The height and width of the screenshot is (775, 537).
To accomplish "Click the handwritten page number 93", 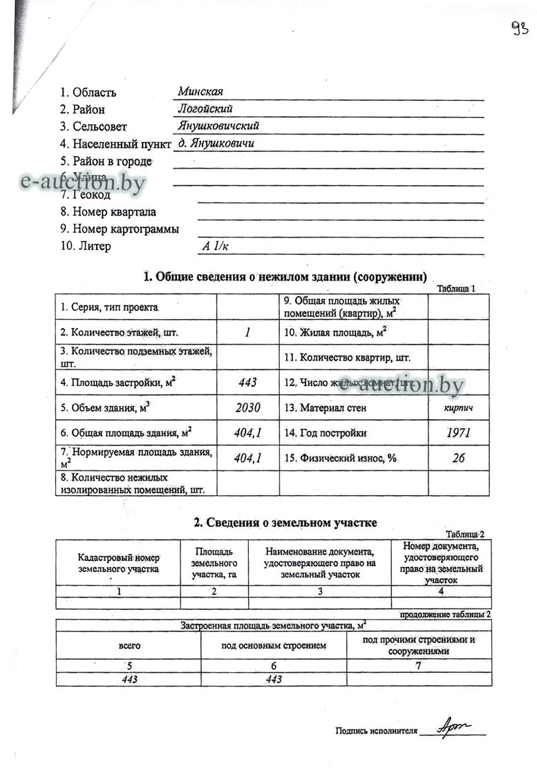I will pyautogui.click(x=520, y=28).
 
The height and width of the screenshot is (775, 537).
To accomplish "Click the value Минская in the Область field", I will pyautogui.click(x=200, y=92).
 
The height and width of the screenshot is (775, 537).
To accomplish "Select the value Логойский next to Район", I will pyautogui.click(x=205, y=108).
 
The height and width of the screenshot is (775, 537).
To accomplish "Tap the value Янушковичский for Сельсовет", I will pyautogui.click(x=218, y=126).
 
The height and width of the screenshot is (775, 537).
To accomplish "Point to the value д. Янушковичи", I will pyautogui.click(x=216, y=143).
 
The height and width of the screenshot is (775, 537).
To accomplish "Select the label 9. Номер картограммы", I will pyautogui.click(x=120, y=229).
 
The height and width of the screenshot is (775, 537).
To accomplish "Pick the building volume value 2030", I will pyautogui.click(x=247, y=408).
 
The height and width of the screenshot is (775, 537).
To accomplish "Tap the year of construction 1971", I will pyautogui.click(x=458, y=433).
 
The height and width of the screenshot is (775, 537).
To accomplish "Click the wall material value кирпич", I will pyautogui.click(x=458, y=408).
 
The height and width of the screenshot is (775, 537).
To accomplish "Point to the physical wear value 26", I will pyautogui.click(x=458, y=458).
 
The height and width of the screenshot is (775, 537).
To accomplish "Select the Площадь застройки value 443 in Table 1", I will pyautogui.click(x=247, y=382).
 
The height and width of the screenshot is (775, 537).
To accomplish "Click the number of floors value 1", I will pyautogui.click(x=247, y=332).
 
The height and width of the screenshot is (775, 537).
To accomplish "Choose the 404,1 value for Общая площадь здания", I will pyautogui.click(x=247, y=433).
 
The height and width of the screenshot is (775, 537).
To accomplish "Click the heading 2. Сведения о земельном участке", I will pyautogui.click(x=285, y=523).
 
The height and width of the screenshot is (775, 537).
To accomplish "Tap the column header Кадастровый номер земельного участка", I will pyautogui.click(x=118, y=563).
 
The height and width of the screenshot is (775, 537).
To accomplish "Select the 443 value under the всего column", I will pyautogui.click(x=129, y=679).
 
